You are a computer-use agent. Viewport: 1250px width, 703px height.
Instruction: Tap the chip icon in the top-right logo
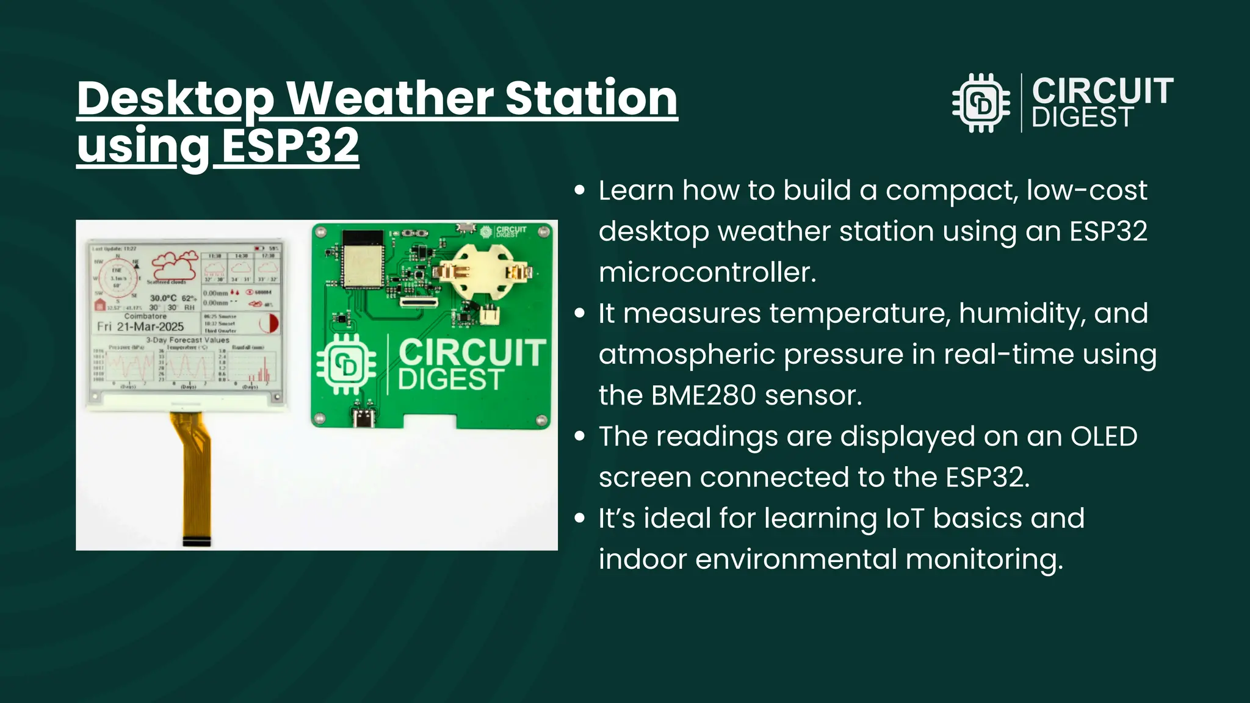tap(981, 103)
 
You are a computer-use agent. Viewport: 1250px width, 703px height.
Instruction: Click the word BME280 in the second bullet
tap(704, 395)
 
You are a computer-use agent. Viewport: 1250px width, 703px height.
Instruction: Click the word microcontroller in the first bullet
tap(706, 272)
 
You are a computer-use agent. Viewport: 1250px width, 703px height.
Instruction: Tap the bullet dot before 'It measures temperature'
tap(580, 313)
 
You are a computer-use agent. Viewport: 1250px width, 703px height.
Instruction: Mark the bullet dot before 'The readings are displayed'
tap(580, 436)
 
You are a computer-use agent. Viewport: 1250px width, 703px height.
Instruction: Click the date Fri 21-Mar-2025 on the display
tap(140, 326)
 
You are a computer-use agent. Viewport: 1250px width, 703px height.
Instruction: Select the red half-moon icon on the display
tap(269, 323)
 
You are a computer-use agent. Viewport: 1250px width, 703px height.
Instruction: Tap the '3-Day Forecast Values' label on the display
tap(187, 340)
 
